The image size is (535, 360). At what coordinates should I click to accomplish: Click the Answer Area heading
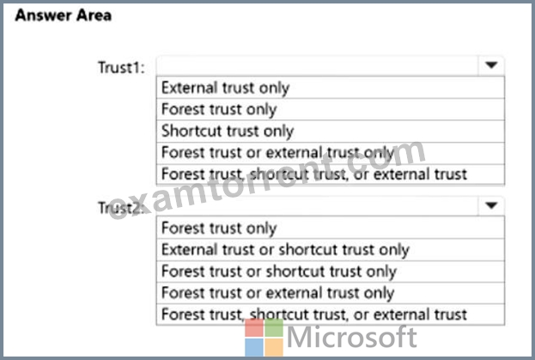(64, 15)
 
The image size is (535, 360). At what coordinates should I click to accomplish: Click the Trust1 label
(121, 67)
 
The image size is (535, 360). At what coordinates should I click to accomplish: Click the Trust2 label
(120, 207)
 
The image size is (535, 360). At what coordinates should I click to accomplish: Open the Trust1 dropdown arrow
(491, 64)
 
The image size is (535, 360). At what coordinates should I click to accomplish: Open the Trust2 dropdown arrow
(491, 205)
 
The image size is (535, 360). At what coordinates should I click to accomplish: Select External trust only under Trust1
(226, 88)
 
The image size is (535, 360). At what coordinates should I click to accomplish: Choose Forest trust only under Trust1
(219, 109)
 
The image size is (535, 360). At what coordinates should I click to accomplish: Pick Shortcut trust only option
(228, 131)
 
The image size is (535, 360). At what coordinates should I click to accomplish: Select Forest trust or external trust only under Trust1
(277, 153)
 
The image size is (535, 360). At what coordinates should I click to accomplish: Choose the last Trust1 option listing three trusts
(314, 174)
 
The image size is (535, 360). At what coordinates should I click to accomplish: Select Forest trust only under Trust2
(219, 228)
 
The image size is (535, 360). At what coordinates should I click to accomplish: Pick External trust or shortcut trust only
(285, 249)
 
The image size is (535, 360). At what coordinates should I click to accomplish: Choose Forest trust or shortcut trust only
(279, 272)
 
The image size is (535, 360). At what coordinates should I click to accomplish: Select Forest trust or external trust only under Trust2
(277, 293)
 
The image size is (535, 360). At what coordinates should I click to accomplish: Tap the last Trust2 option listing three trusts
(314, 314)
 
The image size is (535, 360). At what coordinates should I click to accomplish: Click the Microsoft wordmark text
(352, 337)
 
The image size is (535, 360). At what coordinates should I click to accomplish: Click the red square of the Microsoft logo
(254, 328)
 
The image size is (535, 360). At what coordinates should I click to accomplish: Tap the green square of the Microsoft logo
(274, 328)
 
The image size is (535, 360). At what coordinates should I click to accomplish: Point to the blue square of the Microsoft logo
(254, 347)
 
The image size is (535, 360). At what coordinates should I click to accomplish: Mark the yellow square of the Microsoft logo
(274, 347)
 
